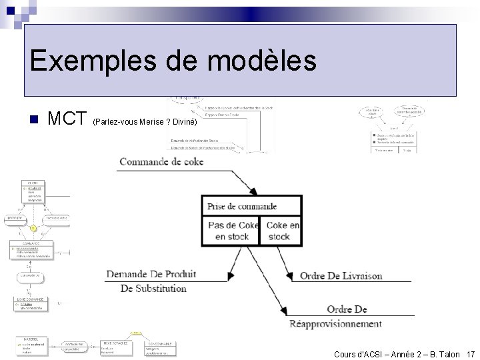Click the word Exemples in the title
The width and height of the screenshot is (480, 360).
tap(74, 62)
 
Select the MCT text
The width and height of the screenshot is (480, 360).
tap(67, 120)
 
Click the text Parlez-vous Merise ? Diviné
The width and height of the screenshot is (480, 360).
tap(145, 123)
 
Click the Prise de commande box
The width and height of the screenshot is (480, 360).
tap(251, 207)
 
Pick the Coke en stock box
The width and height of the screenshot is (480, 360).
tap(280, 231)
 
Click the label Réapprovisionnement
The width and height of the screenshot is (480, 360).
tap(335, 324)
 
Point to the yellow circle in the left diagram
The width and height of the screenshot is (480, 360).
tap(32, 229)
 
